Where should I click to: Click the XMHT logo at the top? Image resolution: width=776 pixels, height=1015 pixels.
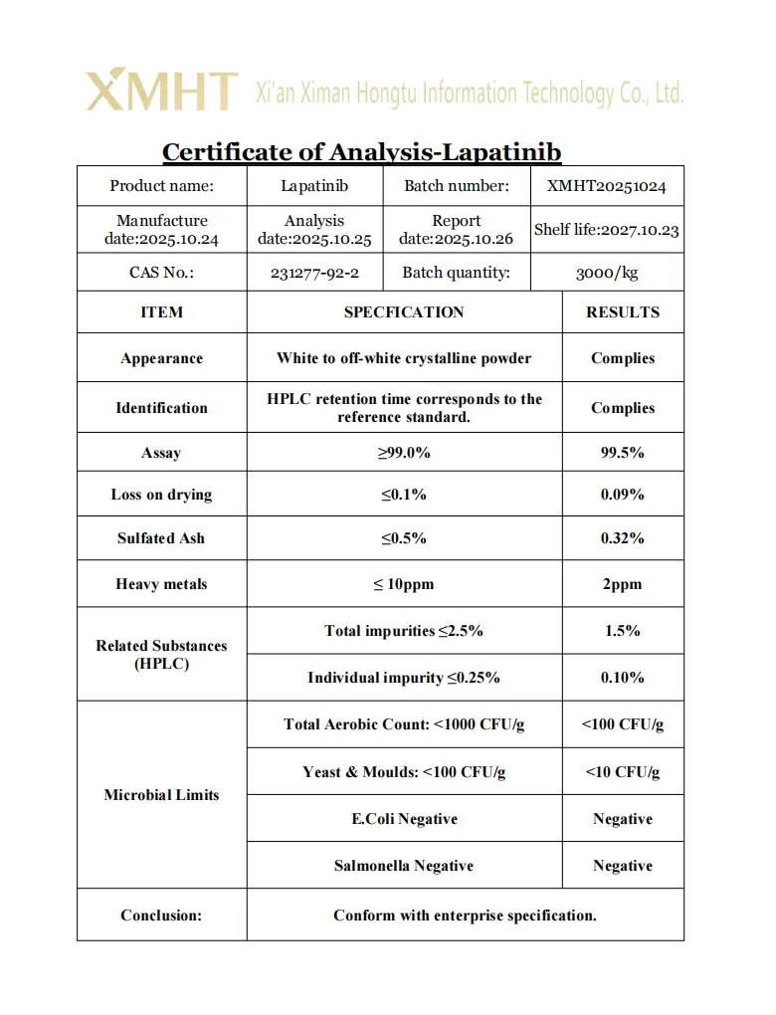click(x=162, y=92)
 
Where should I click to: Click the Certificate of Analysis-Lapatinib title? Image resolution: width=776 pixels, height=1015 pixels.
click(x=362, y=152)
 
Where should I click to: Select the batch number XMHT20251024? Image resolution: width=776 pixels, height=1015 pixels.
click(x=607, y=186)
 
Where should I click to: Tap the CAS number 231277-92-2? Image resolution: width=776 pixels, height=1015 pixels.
click(x=314, y=273)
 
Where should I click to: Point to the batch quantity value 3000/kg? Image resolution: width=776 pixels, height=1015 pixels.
click(x=607, y=273)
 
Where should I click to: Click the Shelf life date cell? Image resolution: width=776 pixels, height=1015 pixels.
click(x=607, y=230)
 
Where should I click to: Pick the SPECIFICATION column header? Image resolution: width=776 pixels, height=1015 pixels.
click(x=404, y=312)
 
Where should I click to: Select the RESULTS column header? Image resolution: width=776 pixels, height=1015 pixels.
click(x=623, y=312)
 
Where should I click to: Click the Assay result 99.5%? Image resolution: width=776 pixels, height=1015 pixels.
click(x=623, y=453)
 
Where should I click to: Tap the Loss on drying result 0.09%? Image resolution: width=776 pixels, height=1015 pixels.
click(x=623, y=495)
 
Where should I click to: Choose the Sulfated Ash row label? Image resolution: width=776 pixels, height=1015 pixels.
click(x=161, y=538)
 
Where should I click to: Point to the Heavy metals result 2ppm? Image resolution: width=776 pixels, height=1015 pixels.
click(x=623, y=584)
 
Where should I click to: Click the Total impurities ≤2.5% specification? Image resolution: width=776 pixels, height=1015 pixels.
click(x=404, y=631)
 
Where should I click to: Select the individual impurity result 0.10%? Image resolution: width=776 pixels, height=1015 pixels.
click(x=623, y=678)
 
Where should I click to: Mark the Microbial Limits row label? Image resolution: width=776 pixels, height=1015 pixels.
click(x=161, y=795)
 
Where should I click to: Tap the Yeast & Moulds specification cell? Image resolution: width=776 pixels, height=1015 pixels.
click(x=404, y=772)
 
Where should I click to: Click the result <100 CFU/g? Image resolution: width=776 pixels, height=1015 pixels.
click(x=623, y=724)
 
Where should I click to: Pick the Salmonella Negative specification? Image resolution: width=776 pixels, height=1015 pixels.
click(x=404, y=866)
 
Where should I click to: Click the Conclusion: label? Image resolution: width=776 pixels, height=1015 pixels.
click(x=161, y=915)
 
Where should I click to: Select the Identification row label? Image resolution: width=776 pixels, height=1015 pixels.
click(x=161, y=408)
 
